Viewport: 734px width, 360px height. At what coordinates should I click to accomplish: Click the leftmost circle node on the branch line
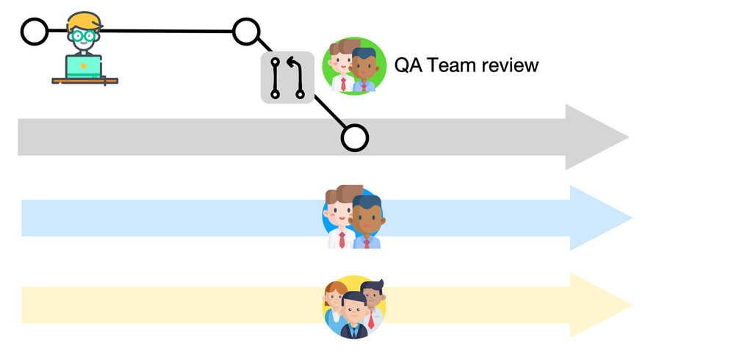(x=34, y=32)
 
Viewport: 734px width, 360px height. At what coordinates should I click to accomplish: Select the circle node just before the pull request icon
(x=246, y=32)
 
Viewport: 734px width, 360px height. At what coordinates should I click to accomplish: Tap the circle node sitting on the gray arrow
(x=354, y=137)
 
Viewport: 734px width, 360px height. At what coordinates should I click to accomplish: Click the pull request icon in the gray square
(x=287, y=77)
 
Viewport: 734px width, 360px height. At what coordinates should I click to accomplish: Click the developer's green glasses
(x=83, y=35)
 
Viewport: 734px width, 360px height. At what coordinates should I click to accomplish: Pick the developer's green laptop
(x=83, y=66)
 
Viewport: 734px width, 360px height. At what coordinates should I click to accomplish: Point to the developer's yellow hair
(x=82, y=20)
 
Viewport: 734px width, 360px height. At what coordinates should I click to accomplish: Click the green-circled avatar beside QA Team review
(x=354, y=65)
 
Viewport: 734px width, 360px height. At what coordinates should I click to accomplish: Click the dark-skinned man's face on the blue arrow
(x=367, y=215)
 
